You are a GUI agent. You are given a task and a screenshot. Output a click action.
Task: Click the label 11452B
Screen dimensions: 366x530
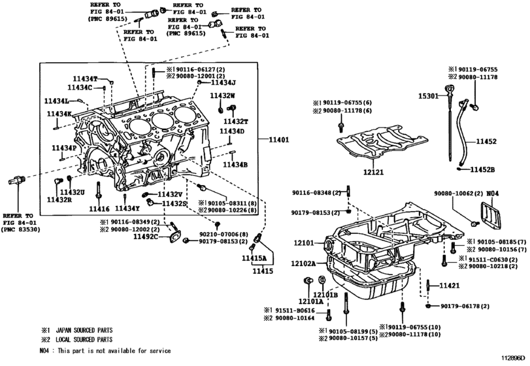pyautogui.click(x=484, y=170)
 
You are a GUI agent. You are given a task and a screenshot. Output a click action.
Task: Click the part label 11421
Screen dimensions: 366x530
pyautogui.click(x=450, y=286)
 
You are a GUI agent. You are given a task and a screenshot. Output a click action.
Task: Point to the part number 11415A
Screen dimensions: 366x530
pyautogui.click(x=254, y=259)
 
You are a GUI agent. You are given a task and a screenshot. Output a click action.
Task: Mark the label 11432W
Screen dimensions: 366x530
pyautogui.click(x=222, y=95)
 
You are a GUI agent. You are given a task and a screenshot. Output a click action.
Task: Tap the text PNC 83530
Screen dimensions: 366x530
pyautogui.click(x=20, y=229)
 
